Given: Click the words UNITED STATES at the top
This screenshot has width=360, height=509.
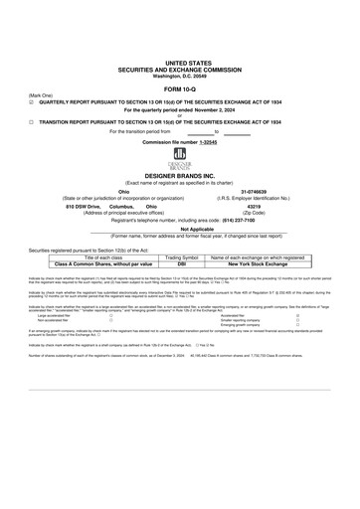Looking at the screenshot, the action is [x=180, y=61].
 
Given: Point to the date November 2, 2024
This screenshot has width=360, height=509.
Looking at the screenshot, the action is [x=210, y=108].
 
